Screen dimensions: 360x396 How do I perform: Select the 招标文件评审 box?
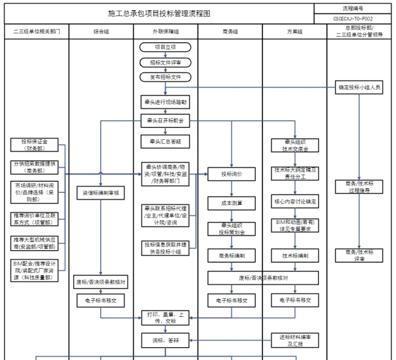tap(165, 63)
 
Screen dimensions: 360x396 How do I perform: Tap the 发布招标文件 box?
tap(165, 77)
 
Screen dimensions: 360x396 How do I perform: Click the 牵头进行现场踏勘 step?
tap(165, 102)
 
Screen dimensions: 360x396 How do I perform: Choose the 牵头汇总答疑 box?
tap(165, 141)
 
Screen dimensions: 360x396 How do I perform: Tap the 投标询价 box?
tap(231, 174)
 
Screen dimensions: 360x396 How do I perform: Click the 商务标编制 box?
tap(231, 255)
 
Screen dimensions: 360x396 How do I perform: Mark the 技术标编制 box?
tap(295, 255)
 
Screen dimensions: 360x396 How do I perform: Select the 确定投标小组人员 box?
tap(360, 87)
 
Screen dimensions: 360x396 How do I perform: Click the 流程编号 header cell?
tap(355, 8)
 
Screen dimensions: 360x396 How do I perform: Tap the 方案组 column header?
tap(295, 31)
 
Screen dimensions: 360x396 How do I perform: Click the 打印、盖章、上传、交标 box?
tap(165, 318)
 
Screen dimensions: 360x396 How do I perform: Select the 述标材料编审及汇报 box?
tap(295, 339)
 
